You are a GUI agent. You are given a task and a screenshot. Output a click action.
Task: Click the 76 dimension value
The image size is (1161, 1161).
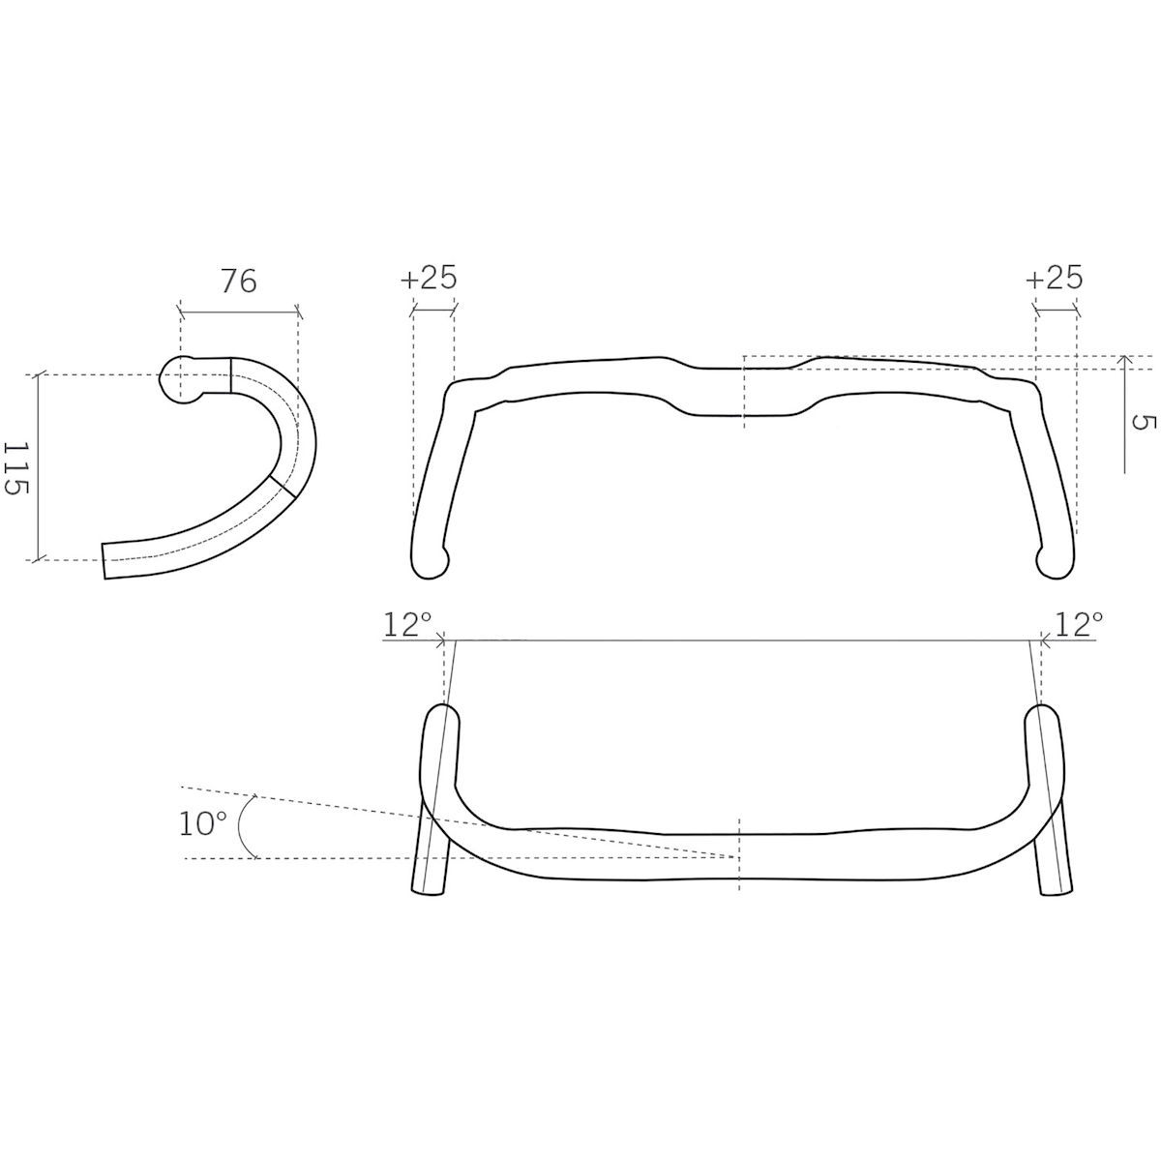239,282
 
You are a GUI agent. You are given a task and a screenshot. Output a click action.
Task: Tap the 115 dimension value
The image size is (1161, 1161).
16,467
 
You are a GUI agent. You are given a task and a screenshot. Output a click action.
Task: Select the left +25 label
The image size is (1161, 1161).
429,278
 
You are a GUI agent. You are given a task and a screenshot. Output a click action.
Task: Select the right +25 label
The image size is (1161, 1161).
1055,278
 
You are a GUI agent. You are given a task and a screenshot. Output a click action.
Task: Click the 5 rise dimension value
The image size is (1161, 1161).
1141,423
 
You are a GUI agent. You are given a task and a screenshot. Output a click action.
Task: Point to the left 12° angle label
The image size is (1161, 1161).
407,625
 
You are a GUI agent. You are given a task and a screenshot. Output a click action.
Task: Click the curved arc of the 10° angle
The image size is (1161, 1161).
240,825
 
